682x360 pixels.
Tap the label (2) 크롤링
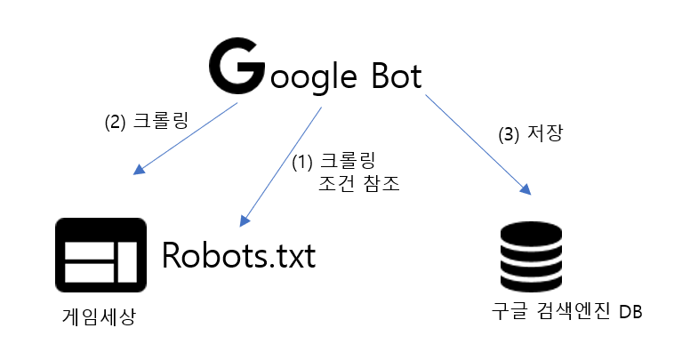(146, 122)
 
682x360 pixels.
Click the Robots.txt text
(238, 255)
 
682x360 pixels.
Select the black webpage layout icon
(100, 255)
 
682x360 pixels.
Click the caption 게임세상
(99, 316)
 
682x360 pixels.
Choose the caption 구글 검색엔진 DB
(566, 313)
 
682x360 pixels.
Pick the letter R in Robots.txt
(173, 255)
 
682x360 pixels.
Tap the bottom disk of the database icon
(531, 284)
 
